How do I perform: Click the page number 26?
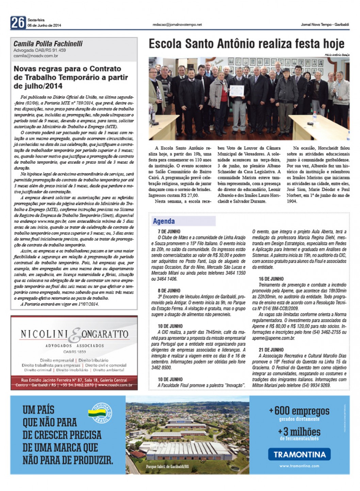coord(18,22)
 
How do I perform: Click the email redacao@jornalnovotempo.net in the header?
coord(177,24)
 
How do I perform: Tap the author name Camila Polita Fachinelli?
coord(48,44)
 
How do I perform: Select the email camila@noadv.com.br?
coord(36,56)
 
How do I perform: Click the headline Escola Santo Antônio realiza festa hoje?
coord(247,44)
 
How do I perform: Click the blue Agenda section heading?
coord(164,221)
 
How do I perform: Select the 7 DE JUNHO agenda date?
coord(169,231)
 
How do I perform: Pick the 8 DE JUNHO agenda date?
coord(169,291)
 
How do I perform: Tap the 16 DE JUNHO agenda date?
coord(271,279)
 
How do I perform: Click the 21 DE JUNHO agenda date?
coord(271,349)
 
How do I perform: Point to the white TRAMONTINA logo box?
coord(299,454)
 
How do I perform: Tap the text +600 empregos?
coord(299,411)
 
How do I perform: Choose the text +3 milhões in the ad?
coord(299,431)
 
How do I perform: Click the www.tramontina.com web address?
coord(299,466)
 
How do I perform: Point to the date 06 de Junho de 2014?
coord(44,26)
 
